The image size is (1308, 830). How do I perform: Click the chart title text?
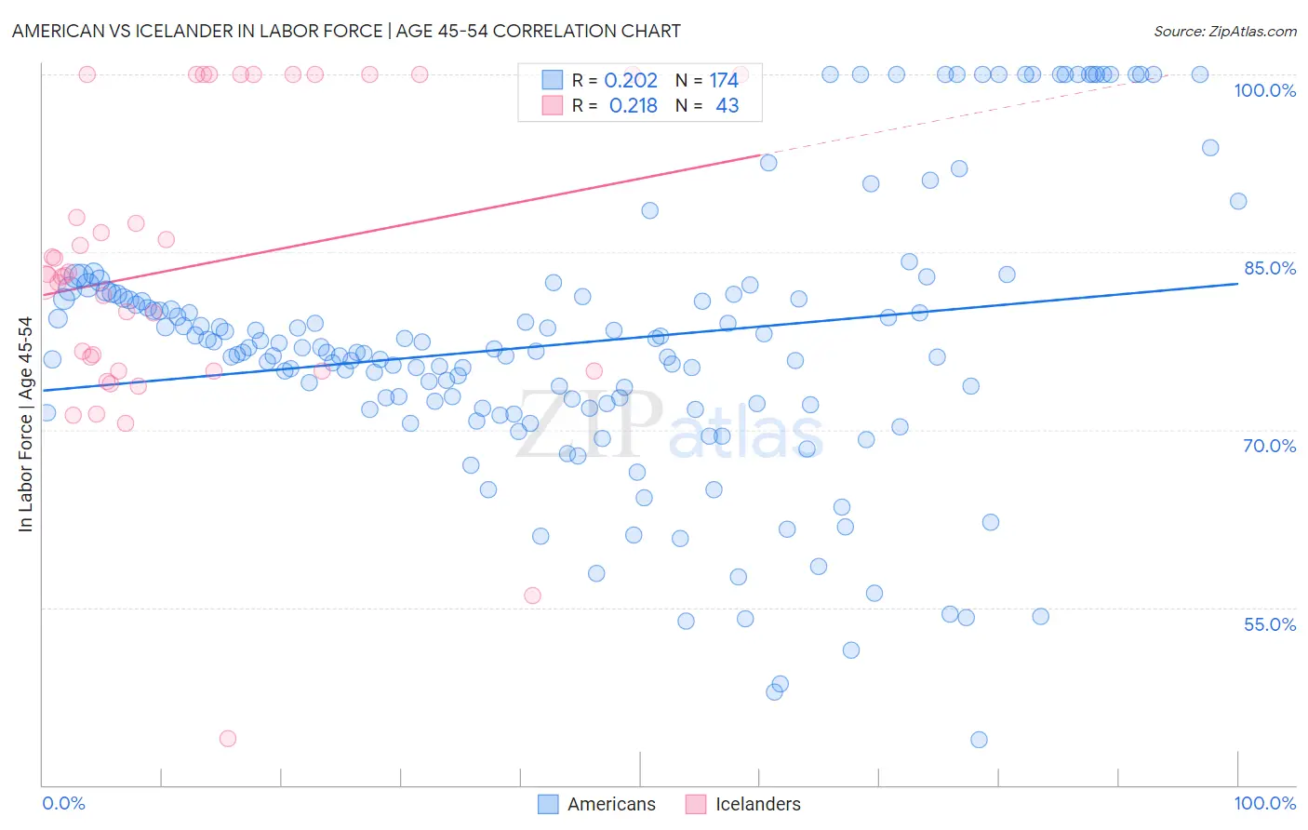pyautogui.click(x=346, y=31)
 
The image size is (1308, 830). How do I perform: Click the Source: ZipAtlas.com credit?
pyautogui.click(x=1224, y=31)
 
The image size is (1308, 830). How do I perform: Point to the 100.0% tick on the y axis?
pyautogui.click(x=1264, y=90)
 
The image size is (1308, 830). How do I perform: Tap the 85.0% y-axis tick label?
pyautogui.click(x=1269, y=268)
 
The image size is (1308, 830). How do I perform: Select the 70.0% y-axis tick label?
pyautogui.click(x=1269, y=446)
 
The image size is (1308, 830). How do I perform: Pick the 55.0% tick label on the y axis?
pyautogui.click(x=1269, y=624)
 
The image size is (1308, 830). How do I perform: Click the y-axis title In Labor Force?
pyautogui.click(x=25, y=424)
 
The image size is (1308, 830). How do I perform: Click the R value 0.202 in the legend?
pyautogui.click(x=631, y=81)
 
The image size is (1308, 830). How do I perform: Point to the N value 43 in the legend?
pyautogui.click(x=727, y=106)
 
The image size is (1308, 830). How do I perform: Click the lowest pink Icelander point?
pyautogui.click(x=228, y=739)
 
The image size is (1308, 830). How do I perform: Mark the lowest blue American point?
pyautogui.click(x=979, y=740)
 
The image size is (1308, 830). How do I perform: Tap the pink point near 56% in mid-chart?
pyautogui.click(x=533, y=596)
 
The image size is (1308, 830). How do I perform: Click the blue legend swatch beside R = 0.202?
pyautogui.click(x=553, y=80)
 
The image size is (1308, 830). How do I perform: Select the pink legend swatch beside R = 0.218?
pyautogui.click(x=553, y=105)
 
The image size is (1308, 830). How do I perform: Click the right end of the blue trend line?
pyautogui.click(x=1237, y=283)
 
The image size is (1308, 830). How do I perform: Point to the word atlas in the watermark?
pyautogui.click(x=746, y=434)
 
